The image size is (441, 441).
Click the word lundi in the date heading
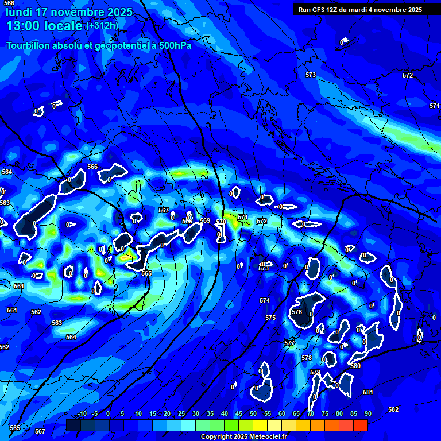coord(18,12)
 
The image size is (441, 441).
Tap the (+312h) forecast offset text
coord(102,26)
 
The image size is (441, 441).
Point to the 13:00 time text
coord(22,26)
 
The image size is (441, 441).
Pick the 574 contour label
coord(264,300)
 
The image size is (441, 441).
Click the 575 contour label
coord(270,318)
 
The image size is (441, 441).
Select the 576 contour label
coord(297,312)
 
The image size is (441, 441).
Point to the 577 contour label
coord(289,343)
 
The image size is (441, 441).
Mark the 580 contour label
coord(355,366)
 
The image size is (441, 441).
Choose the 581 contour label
coord(368,392)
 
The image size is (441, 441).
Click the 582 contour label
coord(393,409)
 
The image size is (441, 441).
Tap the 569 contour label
coord(205,220)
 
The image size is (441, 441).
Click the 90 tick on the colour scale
coord(367,413)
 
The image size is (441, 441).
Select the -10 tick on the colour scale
coord(82,413)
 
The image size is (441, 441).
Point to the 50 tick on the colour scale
coord(253,413)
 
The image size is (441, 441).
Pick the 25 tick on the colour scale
coord(181,413)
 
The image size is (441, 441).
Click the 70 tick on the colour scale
coord(311,413)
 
